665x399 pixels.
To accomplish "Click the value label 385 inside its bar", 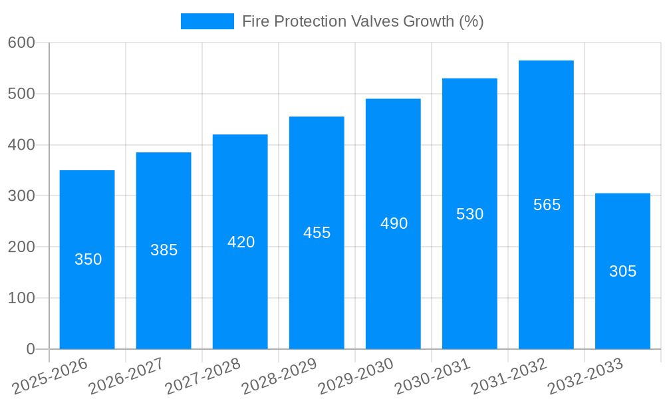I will pyautogui.click(x=164, y=250).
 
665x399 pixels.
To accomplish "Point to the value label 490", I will pyautogui.click(x=394, y=223).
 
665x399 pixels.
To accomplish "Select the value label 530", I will pyautogui.click(x=469, y=214).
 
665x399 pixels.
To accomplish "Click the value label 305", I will pyautogui.click(x=622, y=271).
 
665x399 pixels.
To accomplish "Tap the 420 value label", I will pyautogui.click(x=241, y=242).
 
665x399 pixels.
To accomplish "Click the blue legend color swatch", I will pyautogui.click(x=207, y=21).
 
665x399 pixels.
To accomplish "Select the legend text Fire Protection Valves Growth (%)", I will pyautogui.click(x=362, y=21).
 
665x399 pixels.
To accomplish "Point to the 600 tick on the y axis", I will pyautogui.click(x=21, y=43).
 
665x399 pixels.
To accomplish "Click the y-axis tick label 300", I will pyautogui.click(x=21, y=196).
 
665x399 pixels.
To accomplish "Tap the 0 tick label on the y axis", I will pyautogui.click(x=31, y=349).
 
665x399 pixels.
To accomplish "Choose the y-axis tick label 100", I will pyautogui.click(x=21, y=298).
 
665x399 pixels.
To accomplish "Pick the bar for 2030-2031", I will pyautogui.click(x=469, y=279).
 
